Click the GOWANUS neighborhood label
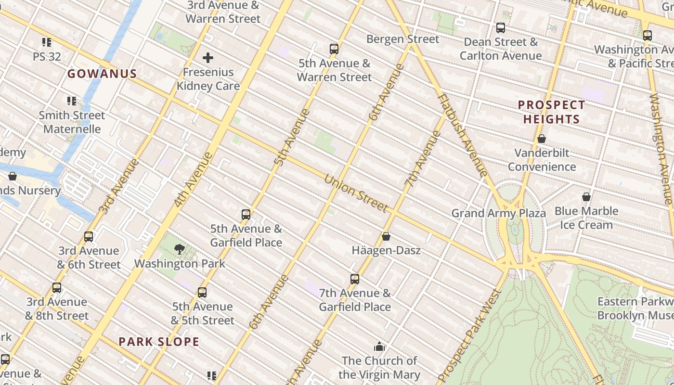pyautogui.click(x=102, y=74)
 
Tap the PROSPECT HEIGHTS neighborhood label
pyautogui.click(x=551, y=112)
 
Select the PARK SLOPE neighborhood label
pyautogui.click(x=159, y=342)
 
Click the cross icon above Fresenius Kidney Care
pyautogui.click(x=208, y=58)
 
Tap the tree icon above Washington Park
pyautogui.click(x=180, y=249)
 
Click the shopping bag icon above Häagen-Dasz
pyautogui.click(x=386, y=236)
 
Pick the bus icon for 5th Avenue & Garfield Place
pyautogui.click(x=246, y=214)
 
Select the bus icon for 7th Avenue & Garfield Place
pyautogui.click(x=355, y=279)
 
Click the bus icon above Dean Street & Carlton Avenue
pyautogui.click(x=501, y=28)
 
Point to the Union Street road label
pyautogui.click(x=356, y=193)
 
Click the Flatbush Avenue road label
pyautogui.click(x=462, y=135)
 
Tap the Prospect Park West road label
pyautogui.click(x=470, y=337)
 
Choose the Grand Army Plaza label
pyautogui.click(x=499, y=213)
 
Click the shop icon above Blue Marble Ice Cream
pyautogui.click(x=586, y=197)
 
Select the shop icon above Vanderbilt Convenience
pyautogui.click(x=542, y=139)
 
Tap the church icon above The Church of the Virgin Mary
pyautogui.click(x=379, y=346)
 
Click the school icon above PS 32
pyautogui.click(x=47, y=42)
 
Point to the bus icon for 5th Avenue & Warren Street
pyautogui.click(x=334, y=49)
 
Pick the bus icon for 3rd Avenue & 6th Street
pyautogui.click(x=89, y=236)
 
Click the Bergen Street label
pyautogui.click(x=403, y=39)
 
